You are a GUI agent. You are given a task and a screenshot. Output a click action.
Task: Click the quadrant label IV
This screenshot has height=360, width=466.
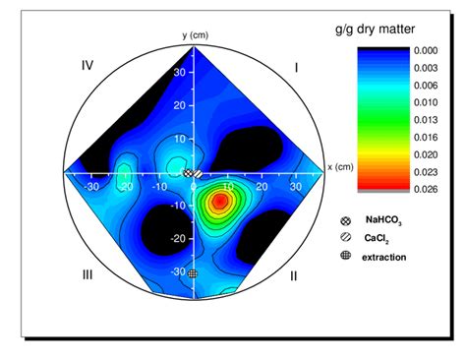click(87, 66)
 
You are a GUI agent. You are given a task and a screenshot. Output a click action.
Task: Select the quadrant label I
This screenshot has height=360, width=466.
click(297, 66)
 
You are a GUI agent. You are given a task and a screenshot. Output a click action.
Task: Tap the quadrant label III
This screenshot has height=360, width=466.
click(87, 274)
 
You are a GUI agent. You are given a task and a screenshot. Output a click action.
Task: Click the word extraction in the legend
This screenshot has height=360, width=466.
click(384, 257)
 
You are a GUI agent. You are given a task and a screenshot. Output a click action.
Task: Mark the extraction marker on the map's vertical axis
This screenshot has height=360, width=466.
click(193, 272)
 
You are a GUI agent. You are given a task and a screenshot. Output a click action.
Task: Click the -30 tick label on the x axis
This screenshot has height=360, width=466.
click(93, 183)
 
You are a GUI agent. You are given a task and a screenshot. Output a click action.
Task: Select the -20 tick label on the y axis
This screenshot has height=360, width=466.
click(180, 238)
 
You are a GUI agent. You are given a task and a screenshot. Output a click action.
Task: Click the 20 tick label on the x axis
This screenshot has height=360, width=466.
click(262, 183)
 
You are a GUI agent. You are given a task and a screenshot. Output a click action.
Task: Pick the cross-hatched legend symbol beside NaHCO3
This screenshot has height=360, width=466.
click(345, 222)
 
